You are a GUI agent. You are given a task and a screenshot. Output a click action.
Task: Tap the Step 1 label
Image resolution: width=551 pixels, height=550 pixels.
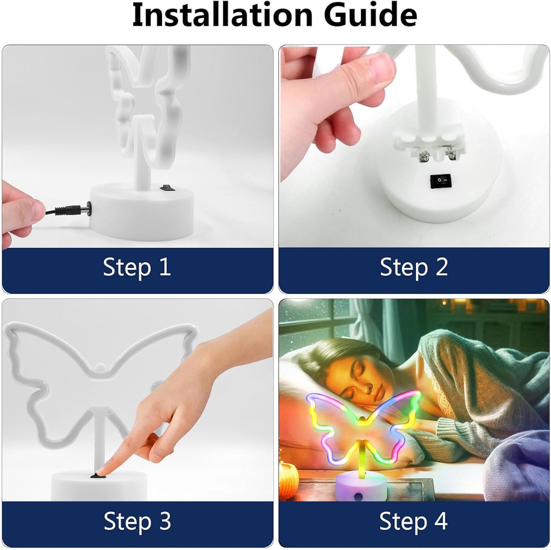(137, 267)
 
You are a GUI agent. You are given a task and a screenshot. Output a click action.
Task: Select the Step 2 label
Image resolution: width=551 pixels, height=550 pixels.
(414, 267)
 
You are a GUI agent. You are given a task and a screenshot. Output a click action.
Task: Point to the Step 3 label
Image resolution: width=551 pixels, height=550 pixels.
(137, 521)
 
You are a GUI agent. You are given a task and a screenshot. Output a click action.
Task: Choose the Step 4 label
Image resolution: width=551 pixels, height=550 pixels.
(413, 521)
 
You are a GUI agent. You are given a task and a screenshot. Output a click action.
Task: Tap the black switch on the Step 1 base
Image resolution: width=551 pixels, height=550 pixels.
(165, 187)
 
